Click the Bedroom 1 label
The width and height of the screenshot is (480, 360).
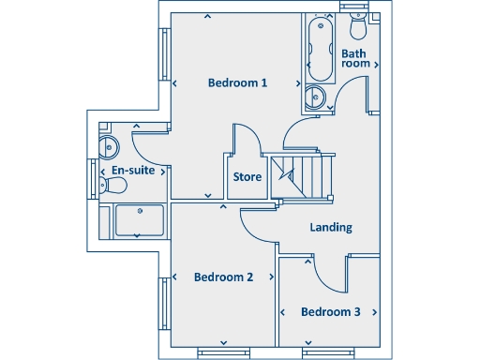237,83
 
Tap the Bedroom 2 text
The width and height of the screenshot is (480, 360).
223,277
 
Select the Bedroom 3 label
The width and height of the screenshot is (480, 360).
330,311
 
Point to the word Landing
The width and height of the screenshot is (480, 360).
330,228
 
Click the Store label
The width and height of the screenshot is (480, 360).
247,176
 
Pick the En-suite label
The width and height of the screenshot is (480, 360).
133,171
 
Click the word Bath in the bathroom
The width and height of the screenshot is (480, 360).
353,54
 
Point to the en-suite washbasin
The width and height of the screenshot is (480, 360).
109,145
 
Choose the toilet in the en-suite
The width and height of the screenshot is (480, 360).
113,186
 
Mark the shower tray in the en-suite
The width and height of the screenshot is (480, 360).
138,221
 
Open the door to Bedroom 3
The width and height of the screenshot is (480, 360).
323,270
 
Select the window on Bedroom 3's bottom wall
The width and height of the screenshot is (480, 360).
328,352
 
